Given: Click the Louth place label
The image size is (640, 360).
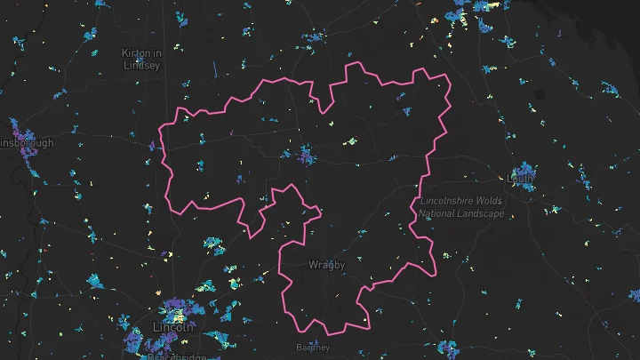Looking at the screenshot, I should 520,178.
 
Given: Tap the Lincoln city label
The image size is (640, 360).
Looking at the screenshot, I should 172,327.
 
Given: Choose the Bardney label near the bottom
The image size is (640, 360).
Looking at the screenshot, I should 312,348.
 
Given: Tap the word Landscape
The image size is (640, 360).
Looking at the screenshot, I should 481,214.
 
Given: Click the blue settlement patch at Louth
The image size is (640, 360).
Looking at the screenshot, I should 523,168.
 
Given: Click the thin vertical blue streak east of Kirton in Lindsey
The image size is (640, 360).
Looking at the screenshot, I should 214,68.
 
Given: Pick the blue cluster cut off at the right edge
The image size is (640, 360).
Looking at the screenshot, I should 634,294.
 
